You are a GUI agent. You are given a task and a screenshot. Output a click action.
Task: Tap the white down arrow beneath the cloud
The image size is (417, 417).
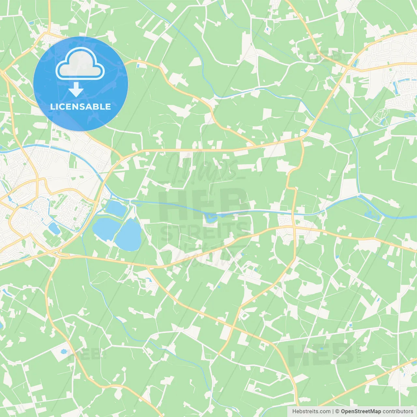click(76, 90)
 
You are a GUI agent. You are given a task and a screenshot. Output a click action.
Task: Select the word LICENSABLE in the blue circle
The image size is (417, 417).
click(80, 107)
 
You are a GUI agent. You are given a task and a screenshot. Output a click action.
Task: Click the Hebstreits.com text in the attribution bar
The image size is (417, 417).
click(311, 411)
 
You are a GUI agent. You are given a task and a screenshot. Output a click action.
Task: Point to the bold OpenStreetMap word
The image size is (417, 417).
click(361, 411)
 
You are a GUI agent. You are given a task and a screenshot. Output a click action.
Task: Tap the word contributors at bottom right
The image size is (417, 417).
click(398, 411)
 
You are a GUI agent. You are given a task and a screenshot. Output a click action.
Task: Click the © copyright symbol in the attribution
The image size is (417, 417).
click(337, 411)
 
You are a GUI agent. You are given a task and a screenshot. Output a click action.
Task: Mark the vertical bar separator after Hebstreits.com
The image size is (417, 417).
click(333, 411)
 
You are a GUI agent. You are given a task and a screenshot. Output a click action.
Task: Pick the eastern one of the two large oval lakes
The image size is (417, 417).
click(129, 235)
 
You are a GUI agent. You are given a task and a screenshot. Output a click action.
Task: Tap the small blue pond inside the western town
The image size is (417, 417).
click(54, 229)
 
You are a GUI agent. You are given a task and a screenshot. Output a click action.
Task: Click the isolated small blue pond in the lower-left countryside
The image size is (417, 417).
click(64, 352)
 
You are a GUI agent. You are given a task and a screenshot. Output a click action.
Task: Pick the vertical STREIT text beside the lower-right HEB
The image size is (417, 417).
click(359, 352)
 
